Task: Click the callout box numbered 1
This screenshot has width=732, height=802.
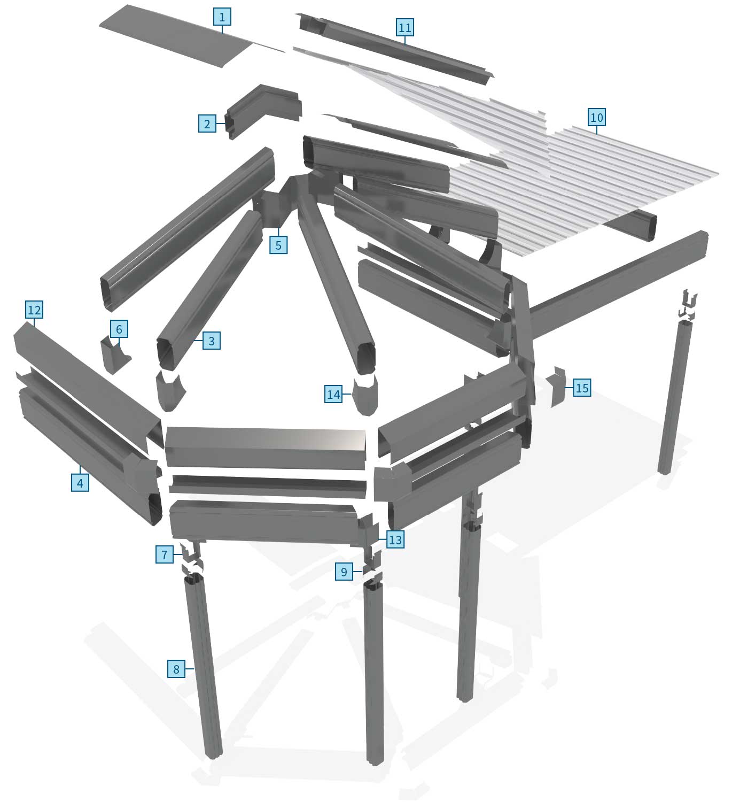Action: (222, 17)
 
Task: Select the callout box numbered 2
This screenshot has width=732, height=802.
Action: (207, 124)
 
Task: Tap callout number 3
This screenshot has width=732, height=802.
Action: (212, 341)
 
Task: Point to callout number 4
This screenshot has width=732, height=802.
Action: (80, 483)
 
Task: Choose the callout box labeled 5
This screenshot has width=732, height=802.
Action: (278, 245)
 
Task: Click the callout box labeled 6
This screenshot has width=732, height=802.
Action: (119, 329)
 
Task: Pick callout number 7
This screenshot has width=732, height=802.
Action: (164, 554)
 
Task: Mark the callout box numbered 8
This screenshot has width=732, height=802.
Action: (176, 669)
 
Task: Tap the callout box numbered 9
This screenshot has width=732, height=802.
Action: (344, 572)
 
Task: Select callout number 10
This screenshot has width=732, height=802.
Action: (596, 117)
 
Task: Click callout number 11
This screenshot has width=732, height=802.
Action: (405, 27)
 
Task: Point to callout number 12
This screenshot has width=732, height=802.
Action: (34, 310)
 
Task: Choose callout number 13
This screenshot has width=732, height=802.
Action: (395, 539)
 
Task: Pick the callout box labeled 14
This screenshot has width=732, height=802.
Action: (333, 394)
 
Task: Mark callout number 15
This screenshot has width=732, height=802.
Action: (582, 388)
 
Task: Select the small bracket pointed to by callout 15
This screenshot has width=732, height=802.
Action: (558, 387)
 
